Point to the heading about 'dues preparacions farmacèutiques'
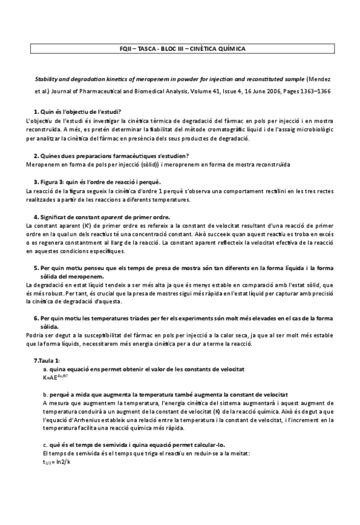103,156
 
